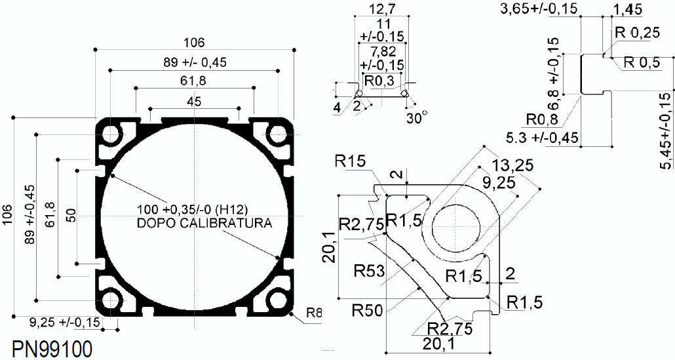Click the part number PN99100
pyautogui.click(x=52, y=350)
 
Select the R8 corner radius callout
pyautogui.click(x=314, y=312)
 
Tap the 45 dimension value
pyautogui.click(x=194, y=102)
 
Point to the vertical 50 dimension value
pyautogui.click(x=71, y=215)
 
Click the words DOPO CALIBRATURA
pyautogui.click(x=204, y=224)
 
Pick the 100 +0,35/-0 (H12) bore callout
pyautogui.click(x=193, y=210)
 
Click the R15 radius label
pyautogui.click(x=350, y=161)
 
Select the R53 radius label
pyautogui.click(x=370, y=271)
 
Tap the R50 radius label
pyautogui.click(x=367, y=310)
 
